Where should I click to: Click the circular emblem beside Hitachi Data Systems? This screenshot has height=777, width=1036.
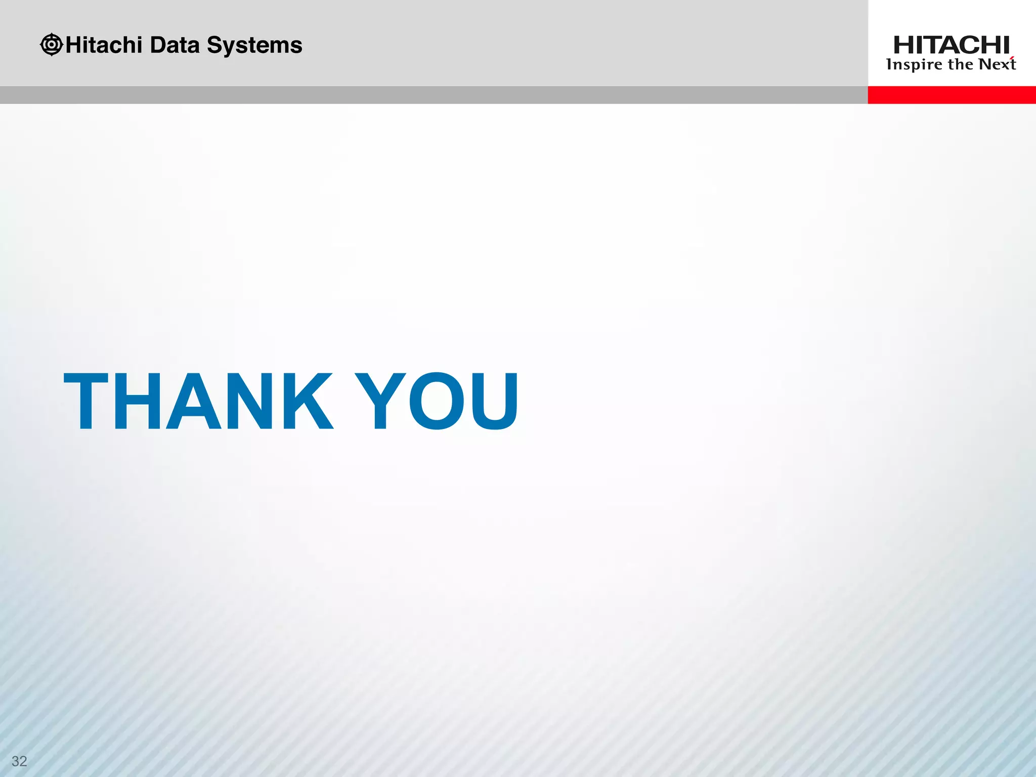click(x=51, y=45)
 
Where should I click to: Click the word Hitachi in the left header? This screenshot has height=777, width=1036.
click(x=104, y=45)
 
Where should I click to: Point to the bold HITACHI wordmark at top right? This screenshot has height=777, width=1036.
click(x=952, y=46)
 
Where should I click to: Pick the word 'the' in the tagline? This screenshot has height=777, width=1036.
click(x=961, y=64)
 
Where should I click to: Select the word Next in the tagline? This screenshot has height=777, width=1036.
click(x=997, y=64)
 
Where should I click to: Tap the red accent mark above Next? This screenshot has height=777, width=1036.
click(x=1012, y=58)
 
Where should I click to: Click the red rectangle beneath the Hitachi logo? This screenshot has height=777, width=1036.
click(x=952, y=95)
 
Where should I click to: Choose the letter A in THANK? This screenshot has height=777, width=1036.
click(x=194, y=402)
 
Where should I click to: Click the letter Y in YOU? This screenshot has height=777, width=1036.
click(x=380, y=402)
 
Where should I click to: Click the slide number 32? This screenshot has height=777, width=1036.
click(x=19, y=761)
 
